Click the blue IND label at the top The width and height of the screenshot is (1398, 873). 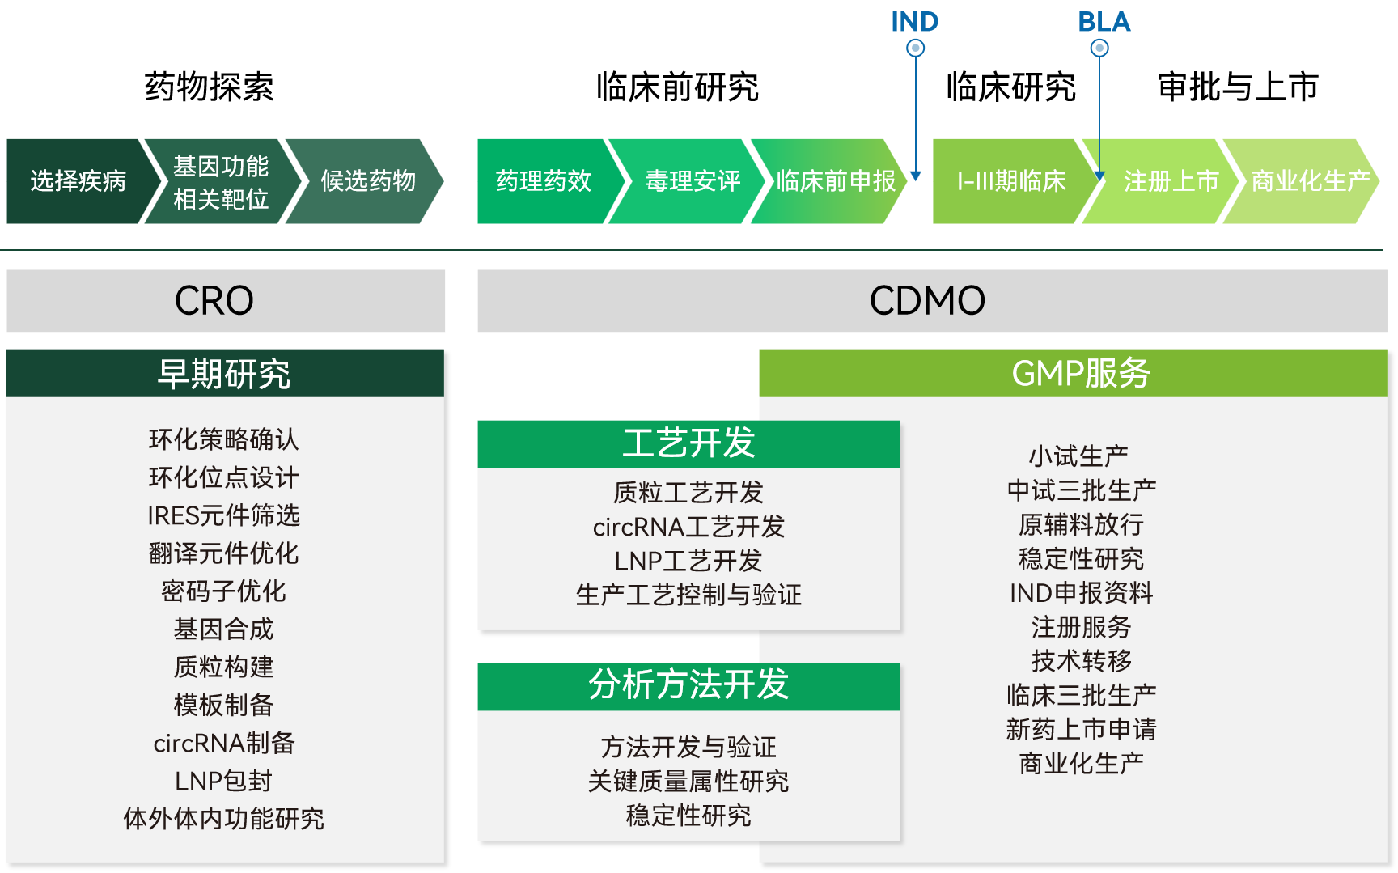coord(914,22)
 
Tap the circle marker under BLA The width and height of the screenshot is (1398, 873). coord(1099,49)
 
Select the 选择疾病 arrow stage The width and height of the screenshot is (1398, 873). coord(78,180)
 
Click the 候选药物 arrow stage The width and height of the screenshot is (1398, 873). coord(367,180)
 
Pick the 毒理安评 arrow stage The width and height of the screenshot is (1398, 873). coord(692,180)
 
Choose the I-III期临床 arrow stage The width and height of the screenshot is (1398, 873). coord(1010,180)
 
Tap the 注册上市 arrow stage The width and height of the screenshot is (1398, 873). coord(1170,180)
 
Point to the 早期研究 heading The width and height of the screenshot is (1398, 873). coord(224,373)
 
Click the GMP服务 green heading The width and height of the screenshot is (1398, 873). coord(1081,373)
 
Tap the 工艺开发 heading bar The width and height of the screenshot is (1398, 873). coord(688,443)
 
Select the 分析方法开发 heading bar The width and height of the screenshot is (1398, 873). coord(688,685)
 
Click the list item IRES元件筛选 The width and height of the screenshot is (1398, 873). coord(224,515)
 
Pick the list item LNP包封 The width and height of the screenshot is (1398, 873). coord(224,781)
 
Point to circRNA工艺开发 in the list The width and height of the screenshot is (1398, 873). coord(688,527)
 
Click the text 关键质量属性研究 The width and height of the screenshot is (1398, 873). coord(688,781)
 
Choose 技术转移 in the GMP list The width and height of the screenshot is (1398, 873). coord(1081,661)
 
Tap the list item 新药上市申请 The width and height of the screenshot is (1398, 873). coord(1081,729)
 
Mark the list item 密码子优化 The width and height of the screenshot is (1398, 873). coord(224,591)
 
